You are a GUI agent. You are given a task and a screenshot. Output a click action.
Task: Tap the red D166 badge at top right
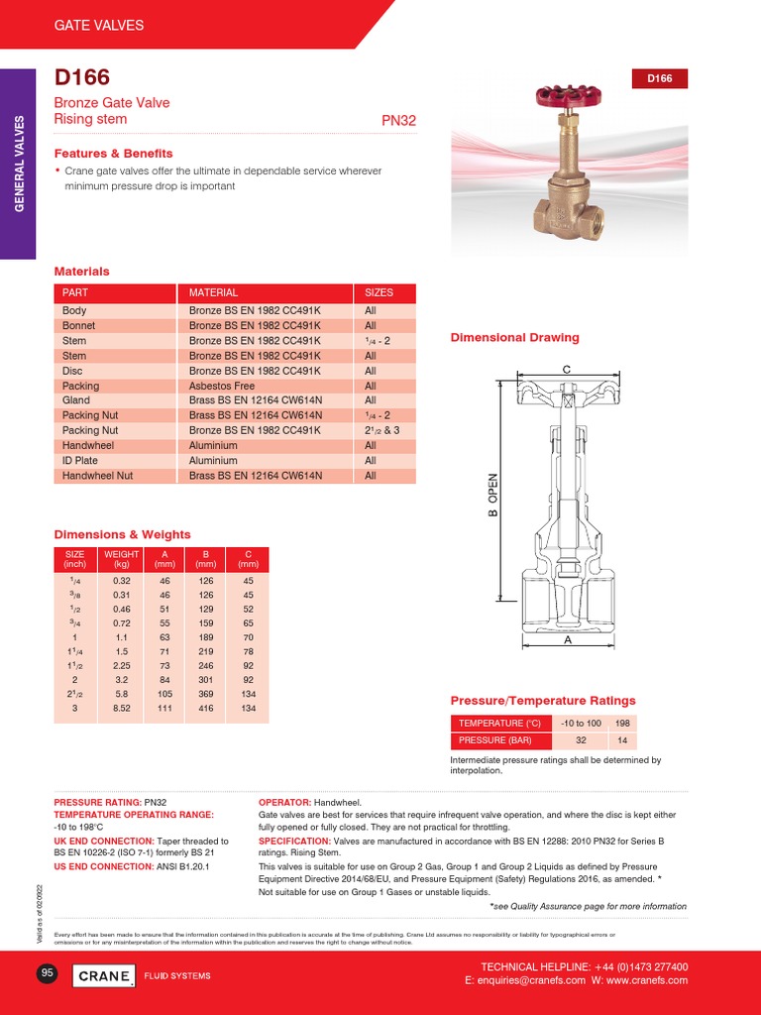pyautogui.click(x=659, y=78)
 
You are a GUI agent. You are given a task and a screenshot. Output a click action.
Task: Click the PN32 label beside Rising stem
pyautogui.click(x=398, y=121)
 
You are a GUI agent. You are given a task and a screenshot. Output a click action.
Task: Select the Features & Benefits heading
pyautogui.click(x=113, y=154)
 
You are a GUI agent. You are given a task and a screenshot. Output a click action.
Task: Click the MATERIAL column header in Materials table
pyautogui.click(x=213, y=292)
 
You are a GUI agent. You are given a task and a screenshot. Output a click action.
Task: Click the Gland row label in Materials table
pyautogui.click(x=75, y=400)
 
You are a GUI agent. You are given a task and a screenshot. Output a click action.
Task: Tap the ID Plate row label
pyautogui.click(x=80, y=460)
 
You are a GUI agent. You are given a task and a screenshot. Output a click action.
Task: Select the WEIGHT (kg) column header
pyautogui.click(x=122, y=559)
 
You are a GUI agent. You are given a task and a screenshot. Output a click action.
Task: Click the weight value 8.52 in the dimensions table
pyautogui.click(x=122, y=709)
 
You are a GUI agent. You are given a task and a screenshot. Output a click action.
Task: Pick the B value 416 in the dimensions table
pyautogui.click(x=205, y=709)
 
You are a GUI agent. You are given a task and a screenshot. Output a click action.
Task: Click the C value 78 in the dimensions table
pyautogui.click(x=248, y=649)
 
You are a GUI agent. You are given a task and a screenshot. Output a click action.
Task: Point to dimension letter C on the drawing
pyautogui.click(x=567, y=370)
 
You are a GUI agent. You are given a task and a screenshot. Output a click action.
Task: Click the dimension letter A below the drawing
pyautogui.click(x=568, y=641)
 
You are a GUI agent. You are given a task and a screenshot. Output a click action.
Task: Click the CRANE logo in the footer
pyautogui.click(x=104, y=975)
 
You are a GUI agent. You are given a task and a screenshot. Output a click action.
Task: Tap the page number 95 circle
pyautogui.click(x=47, y=973)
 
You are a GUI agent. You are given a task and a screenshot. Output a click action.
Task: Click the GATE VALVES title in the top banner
pyautogui.click(x=98, y=25)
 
